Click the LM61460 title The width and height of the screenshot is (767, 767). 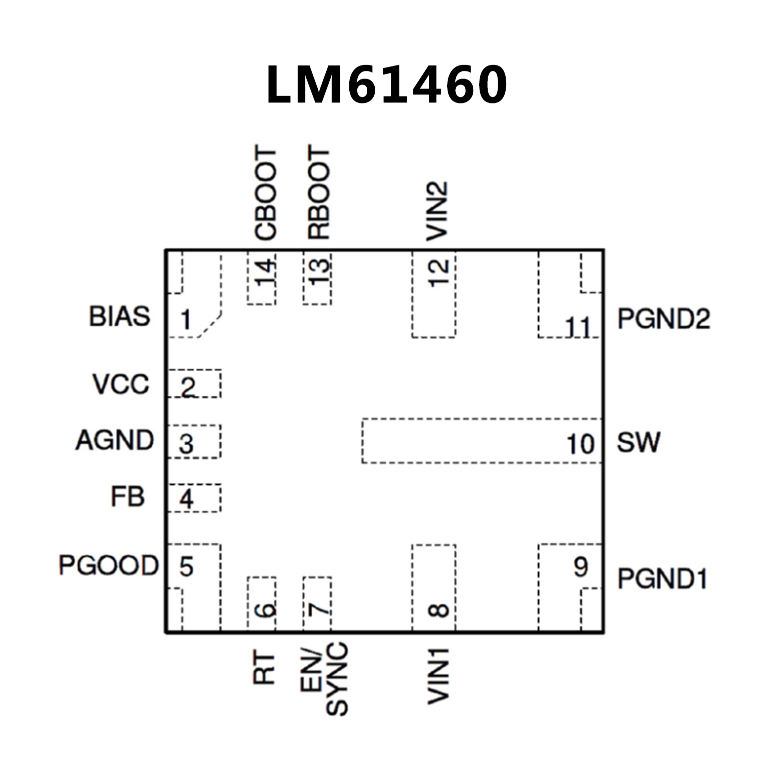click(x=387, y=84)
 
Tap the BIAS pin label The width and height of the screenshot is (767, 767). click(x=119, y=316)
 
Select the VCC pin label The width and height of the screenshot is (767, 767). click(x=120, y=384)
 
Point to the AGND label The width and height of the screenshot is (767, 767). click(x=114, y=440)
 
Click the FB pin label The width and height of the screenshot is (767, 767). click(x=127, y=497)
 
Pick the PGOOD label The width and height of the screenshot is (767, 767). click(x=108, y=565)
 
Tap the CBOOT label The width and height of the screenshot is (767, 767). click(x=265, y=193)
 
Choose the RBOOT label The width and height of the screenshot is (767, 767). click(x=319, y=193)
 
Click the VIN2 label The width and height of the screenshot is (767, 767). click(x=437, y=211)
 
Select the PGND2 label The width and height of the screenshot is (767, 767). click(x=664, y=319)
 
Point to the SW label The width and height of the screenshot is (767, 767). click(x=638, y=443)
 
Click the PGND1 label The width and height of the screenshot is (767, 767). click(x=662, y=579)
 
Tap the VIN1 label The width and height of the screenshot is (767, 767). click(x=438, y=676)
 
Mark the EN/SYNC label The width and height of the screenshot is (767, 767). click(x=324, y=679)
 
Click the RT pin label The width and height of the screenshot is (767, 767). click(x=264, y=668)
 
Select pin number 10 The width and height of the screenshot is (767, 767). click(x=580, y=444)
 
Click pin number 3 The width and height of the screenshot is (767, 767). click(x=186, y=444)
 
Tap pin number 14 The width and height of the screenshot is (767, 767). click(x=265, y=273)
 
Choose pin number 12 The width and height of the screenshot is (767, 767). click(x=439, y=273)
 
